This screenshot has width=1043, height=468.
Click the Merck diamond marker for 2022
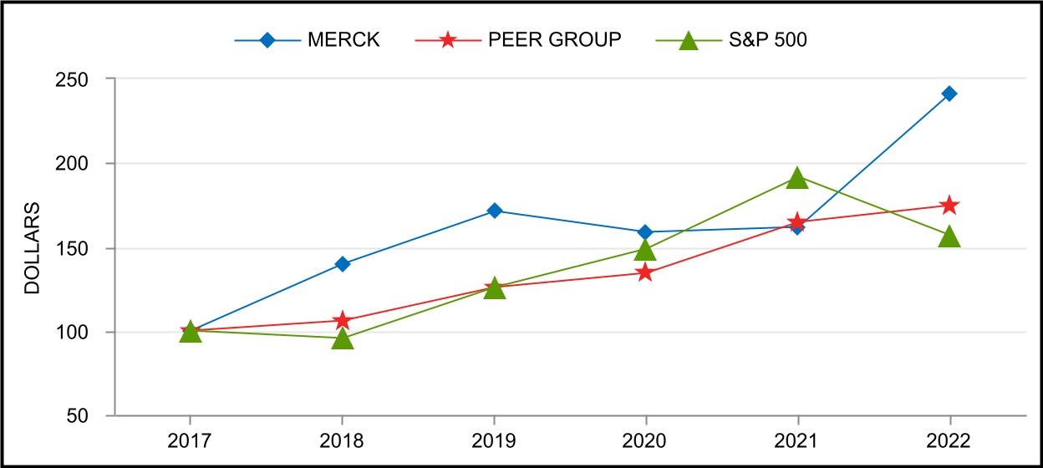(949, 94)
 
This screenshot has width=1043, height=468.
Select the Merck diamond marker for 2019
(495, 211)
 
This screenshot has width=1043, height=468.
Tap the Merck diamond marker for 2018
(342, 264)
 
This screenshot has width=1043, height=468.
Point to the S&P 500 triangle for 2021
(797, 178)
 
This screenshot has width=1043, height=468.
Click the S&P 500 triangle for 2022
(949, 237)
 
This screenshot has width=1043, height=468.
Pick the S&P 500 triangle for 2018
(342, 338)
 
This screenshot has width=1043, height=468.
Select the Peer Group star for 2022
(949, 206)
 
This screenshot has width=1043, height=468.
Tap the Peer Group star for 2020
(645, 272)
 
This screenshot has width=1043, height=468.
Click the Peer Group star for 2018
(342, 321)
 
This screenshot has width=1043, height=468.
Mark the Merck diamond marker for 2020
(645, 231)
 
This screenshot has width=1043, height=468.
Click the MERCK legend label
(344, 40)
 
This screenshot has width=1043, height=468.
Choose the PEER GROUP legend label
(555, 40)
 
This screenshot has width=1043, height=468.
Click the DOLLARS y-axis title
(32, 247)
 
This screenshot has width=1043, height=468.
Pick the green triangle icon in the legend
(687, 40)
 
